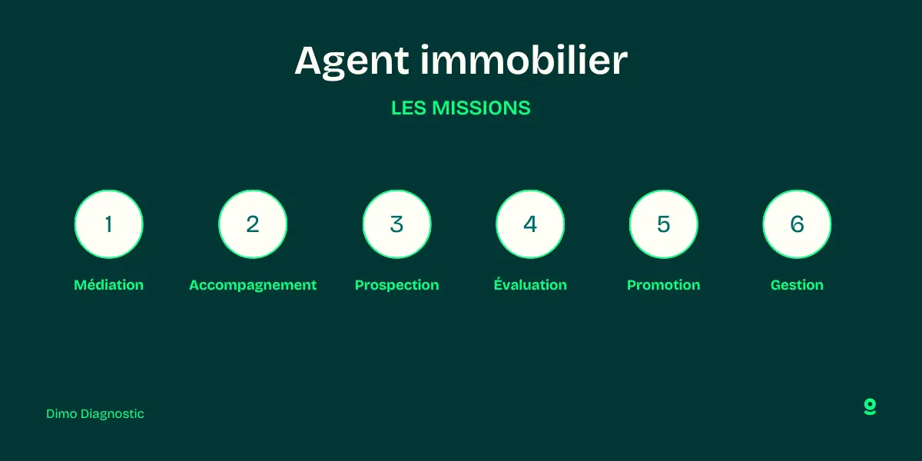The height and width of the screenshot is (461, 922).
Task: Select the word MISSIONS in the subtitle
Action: pyautogui.click(x=481, y=108)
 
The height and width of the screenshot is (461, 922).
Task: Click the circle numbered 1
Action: pyautogui.click(x=108, y=224)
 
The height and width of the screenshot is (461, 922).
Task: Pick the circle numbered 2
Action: pyautogui.click(x=253, y=224)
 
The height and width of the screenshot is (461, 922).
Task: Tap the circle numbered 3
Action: pyautogui.click(x=396, y=224)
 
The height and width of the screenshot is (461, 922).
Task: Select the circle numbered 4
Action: pyautogui.click(x=530, y=224)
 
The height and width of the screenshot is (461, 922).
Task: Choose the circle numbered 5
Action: pyautogui.click(x=664, y=224)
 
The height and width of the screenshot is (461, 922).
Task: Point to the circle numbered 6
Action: pyautogui.click(x=797, y=224)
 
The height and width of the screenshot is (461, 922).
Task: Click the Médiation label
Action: pyautogui.click(x=108, y=285)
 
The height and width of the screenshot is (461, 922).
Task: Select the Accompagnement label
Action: pyautogui.click(x=253, y=285)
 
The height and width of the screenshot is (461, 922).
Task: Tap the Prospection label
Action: pyautogui.click(x=396, y=285)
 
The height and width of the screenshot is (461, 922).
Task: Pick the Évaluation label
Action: pyautogui.click(x=530, y=285)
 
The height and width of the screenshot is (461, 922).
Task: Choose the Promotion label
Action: pyautogui.click(x=664, y=285)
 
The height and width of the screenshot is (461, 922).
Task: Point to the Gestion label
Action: pyautogui.click(x=797, y=285)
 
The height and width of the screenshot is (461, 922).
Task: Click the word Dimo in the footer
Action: pyautogui.click(x=61, y=414)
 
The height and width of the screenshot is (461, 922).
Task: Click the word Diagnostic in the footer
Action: pyautogui.click(x=112, y=414)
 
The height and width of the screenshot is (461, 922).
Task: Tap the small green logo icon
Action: pyautogui.click(x=870, y=407)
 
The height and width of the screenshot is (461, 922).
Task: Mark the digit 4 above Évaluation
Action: pyautogui.click(x=530, y=224)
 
